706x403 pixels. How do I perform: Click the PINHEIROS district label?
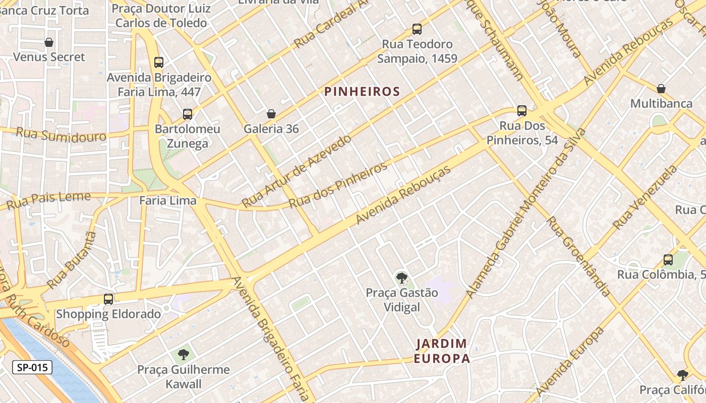point(362,92)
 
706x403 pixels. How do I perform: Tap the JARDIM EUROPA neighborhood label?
point(442,351)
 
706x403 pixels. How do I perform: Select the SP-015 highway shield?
point(32,367)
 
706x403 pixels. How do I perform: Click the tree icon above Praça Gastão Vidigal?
point(401,277)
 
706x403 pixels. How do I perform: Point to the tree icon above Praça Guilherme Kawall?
point(184,354)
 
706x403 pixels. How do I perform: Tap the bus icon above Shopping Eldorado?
point(108,299)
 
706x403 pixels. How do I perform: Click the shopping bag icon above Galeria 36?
point(271,114)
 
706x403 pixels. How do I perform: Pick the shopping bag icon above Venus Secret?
point(49,42)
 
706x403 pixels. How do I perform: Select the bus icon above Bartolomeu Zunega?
point(188,114)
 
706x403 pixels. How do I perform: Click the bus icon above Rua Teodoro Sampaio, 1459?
point(417,29)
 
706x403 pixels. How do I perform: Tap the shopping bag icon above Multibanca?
point(661,89)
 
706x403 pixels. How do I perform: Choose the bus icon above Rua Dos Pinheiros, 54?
point(522,110)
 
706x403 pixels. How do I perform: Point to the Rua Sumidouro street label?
point(61,135)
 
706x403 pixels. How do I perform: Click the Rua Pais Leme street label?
point(48,200)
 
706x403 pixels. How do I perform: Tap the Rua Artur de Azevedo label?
point(296,171)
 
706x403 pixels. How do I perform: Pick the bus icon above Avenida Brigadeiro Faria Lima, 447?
point(159,62)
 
